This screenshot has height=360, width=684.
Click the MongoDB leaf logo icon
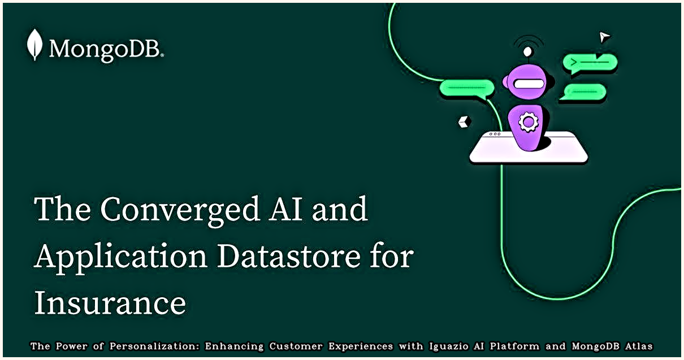[34, 45]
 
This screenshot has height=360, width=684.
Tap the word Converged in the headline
[180, 211]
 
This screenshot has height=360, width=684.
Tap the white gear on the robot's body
[529, 122]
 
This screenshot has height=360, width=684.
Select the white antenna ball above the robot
[527, 52]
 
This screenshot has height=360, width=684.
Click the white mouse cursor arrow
[604, 37]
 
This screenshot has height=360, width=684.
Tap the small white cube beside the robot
[465, 122]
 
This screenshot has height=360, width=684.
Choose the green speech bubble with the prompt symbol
[590, 63]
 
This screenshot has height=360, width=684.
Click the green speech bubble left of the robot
[466, 89]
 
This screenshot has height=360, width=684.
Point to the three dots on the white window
[495, 134]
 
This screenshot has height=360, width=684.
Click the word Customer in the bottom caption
[296, 346]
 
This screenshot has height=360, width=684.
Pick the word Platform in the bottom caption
[514, 346]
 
